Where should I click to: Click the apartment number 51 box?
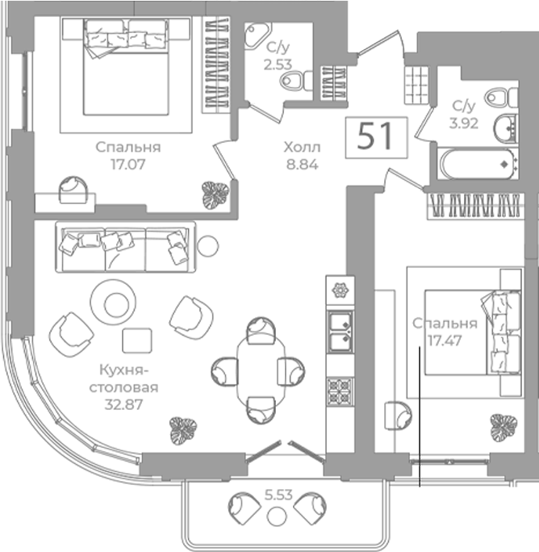(x=376, y=137)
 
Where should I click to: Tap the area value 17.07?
(x=128, y=165)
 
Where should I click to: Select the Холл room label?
(x=302, y=148)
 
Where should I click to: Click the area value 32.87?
(x=124, y=404)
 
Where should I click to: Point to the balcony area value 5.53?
(x=278, y=495)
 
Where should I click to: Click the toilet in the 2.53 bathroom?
(x=296, y=80)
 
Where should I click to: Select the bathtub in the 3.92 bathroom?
(x=478, y=165)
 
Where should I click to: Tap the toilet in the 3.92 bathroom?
(x=501, y=97)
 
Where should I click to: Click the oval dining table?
(x=261, y=370)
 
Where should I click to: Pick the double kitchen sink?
(x=340, y=332)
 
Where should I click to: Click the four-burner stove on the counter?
(x=340, y=391)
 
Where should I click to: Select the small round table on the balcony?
(x=277, y=516)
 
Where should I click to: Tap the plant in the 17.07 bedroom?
(x=215, y=195)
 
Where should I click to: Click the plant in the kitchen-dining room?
(x=183, y=431)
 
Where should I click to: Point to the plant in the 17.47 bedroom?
(x=503, y=428)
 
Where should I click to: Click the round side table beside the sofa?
(x=207, y=245)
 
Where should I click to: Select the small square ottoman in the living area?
(x=137, y=341)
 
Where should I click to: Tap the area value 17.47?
(x=444, y=341)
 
